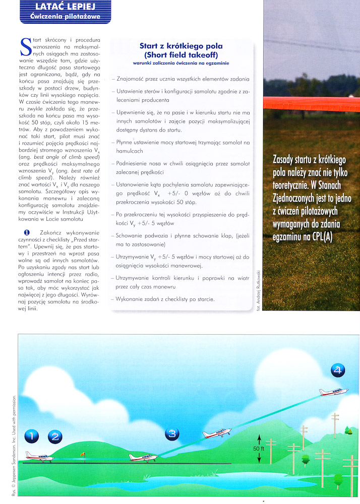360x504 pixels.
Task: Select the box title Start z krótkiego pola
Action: tap(181, 46)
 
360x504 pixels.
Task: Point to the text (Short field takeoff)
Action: tap(181, 54)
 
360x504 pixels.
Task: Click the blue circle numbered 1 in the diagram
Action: tap(33, 436)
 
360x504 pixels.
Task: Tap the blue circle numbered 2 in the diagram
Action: tap(55, 436)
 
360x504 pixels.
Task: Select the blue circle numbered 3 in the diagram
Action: tap(172, 433)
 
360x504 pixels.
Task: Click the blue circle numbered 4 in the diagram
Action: tap(338, 371)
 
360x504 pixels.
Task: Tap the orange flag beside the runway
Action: tap(83, 454)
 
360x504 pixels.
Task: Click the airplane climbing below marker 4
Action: tap(333, 391)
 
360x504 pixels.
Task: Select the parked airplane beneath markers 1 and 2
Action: tap(40, 456)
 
